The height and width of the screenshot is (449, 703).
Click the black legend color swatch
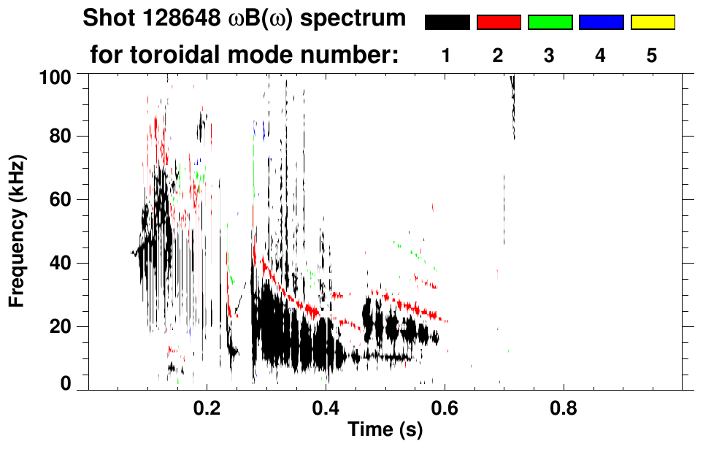click(447, 23)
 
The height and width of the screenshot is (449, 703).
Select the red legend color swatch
click(499, 23)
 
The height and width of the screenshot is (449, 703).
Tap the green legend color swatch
click(550, 23)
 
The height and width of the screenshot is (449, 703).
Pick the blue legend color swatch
click(601, 23)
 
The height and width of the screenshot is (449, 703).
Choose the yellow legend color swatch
click(652, 23)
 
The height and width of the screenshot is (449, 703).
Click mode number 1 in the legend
click(446, 55)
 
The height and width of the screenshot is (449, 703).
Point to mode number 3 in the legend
click(549, 55)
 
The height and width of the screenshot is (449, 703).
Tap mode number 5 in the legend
click(652, 55)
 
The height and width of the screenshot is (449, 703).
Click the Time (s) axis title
click(385, 431)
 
